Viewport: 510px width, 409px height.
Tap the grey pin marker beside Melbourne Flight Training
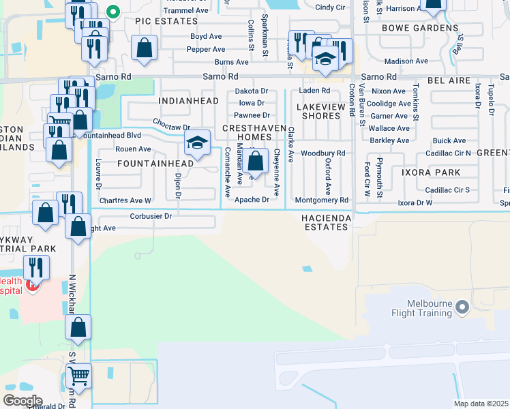[462, 308]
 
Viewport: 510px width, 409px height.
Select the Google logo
[22, 401]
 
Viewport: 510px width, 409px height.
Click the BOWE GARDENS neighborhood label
[419, 28]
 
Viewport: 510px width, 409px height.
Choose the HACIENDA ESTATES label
[326, 222]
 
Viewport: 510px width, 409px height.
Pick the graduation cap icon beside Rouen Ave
[197, 142]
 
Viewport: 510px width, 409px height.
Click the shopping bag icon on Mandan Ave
[256, 162]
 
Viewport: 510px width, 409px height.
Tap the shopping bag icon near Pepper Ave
[144, 48]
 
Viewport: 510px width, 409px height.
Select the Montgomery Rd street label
[322, 200]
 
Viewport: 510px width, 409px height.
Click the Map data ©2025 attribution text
[481, 404]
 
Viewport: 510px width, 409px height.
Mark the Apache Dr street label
[252, 200]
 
